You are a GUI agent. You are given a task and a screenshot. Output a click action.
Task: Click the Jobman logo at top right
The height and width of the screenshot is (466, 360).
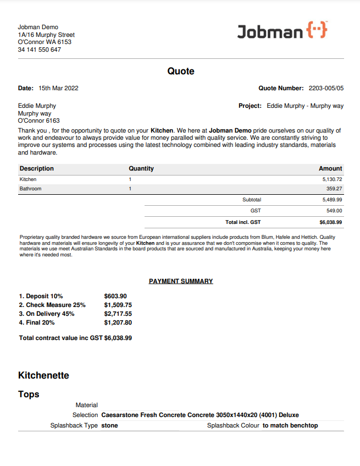coord(282,31)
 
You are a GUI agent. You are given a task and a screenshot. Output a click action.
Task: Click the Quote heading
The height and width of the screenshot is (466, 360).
coord(181,72)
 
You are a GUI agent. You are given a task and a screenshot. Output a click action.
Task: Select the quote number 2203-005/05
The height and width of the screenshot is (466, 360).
coord(326,88)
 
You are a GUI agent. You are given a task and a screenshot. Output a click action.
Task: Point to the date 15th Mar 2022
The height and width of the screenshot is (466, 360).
coord(58,88)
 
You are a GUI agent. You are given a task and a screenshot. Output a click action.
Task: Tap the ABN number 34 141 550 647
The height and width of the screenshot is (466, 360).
coord(39,50)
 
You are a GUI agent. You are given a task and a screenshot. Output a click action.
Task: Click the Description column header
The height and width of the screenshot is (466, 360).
coord(37,168)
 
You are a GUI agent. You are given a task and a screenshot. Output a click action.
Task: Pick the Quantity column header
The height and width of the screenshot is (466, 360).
coord(141,168)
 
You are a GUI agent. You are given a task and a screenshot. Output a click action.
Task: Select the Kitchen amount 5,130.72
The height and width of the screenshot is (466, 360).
coord(332,179)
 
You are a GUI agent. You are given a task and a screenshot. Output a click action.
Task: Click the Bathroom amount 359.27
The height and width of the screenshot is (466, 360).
coord(334,189)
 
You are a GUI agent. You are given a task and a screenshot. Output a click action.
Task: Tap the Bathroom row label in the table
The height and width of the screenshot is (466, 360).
coord(30,189)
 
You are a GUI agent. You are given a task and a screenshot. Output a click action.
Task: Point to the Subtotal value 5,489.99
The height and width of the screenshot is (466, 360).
coord(332,200)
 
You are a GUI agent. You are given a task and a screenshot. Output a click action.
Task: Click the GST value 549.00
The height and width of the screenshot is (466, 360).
coord(334,211)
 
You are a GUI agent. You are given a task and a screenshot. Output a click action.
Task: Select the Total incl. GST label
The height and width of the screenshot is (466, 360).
coord(243,222)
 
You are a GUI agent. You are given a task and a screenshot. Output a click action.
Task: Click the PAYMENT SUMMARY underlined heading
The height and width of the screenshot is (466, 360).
coord(181,281)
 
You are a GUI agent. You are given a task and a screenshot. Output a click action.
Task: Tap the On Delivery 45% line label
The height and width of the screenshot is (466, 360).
coord(47,314)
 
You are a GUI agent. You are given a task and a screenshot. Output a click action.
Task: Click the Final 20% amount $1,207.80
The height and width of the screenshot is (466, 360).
coord(118,322)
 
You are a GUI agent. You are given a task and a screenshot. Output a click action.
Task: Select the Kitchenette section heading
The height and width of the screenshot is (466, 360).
coord(44,375)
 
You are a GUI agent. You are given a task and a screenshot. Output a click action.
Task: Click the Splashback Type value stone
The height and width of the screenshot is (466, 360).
coord(109,425)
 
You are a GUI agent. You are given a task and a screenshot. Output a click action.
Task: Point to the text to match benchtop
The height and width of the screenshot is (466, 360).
coord(290,425)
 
